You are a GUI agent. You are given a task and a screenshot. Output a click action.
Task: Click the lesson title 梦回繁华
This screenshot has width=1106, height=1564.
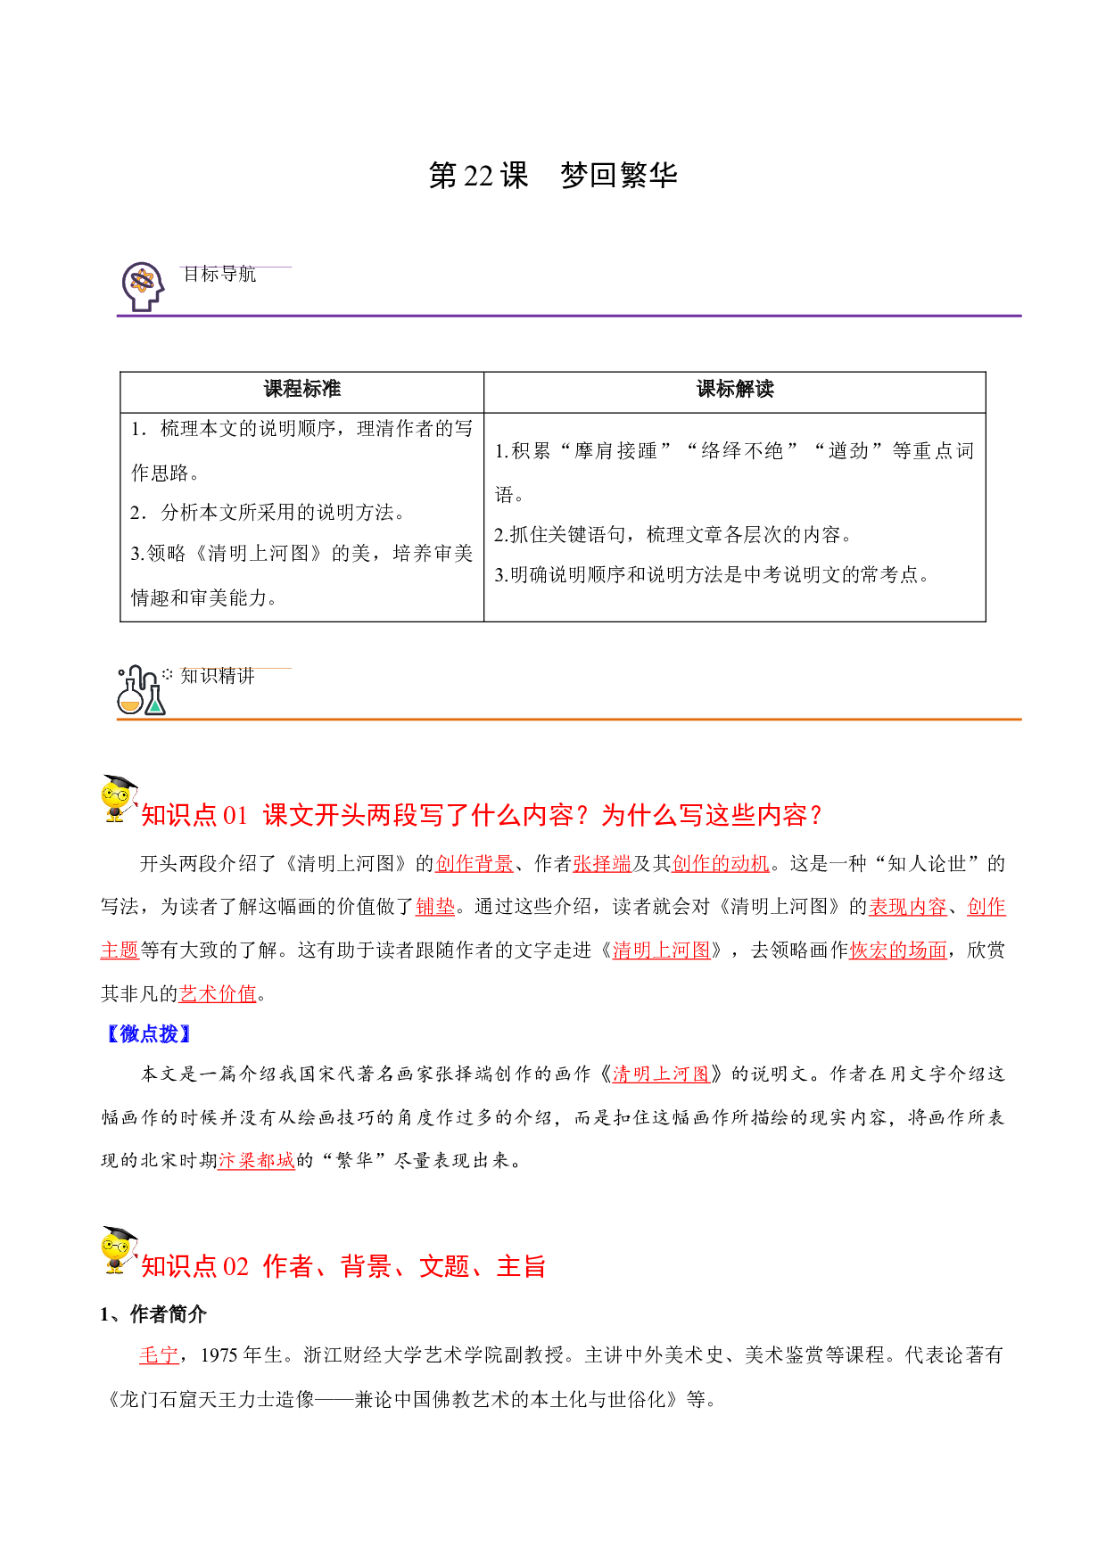[x=619, y=175]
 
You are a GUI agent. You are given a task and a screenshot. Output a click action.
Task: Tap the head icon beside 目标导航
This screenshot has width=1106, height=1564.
[x=143, y=285]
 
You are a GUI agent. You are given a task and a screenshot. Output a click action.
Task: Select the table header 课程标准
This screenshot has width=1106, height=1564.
[x=302, y=389]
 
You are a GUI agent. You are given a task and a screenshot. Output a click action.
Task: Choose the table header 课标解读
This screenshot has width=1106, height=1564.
[x=735, y=389]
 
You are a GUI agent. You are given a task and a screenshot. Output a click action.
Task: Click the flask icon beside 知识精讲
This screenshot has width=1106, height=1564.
[x=141, y=690]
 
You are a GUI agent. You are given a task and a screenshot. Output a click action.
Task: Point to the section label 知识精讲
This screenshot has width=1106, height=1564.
[x=218, y=676]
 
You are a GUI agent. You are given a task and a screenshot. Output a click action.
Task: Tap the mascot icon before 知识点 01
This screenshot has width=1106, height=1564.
[x=119, y=798]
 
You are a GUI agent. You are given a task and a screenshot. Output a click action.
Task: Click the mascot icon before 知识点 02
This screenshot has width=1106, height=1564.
[x=119, y=1250]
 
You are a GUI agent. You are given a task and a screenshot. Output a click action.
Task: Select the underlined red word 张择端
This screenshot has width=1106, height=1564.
[x=602, y=863]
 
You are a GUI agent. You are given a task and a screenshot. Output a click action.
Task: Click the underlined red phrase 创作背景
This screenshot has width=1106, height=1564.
[x=475, y=863]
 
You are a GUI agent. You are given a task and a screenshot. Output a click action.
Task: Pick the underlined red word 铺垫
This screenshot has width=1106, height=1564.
[x=435, y=907]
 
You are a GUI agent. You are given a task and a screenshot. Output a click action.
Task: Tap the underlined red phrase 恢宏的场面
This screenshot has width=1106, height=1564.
[x=898, y=951]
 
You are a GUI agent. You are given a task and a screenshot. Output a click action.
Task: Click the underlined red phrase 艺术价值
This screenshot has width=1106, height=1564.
[x=218, y=993]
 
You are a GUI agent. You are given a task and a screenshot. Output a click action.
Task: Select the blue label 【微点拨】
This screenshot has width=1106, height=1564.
[x=148, y=1034]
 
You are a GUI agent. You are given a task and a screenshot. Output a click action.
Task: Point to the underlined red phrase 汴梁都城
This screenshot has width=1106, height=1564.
[x=256, y=1160]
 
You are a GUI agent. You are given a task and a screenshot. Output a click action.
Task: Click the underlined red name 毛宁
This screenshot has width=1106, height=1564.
[x=159, y=1355]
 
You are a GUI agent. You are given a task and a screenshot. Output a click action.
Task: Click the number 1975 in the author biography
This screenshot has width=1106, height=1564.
[x=219, y=1355]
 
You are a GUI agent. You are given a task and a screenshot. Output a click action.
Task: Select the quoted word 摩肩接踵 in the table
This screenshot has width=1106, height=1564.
[x=615, y=451]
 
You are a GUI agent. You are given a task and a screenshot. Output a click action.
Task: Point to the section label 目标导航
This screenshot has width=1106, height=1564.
[x=219, y=274]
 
